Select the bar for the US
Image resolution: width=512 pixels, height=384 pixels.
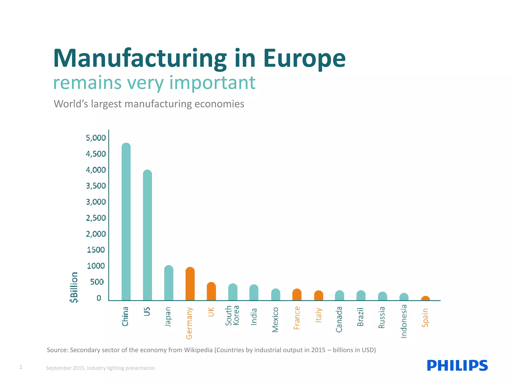tap(147, 235)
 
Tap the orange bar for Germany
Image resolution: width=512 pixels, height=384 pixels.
tap(190, 284)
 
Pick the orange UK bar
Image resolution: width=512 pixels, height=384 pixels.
tap(211, 291)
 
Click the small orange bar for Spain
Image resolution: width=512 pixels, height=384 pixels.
tap(425, 298)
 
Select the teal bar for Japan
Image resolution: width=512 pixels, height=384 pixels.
tap(169, 283)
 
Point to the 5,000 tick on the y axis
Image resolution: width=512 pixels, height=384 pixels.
tap(96, 138)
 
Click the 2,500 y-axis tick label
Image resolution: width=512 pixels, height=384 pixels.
tap(96, 218)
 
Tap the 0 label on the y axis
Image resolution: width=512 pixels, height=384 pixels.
tap(99, 298)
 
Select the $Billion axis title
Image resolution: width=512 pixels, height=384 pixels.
tap(74, 287)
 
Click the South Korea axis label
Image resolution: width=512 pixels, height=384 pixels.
tap(232, 315)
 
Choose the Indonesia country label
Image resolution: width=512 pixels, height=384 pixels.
tap(404, 321)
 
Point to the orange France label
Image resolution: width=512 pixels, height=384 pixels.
tap(297, 318)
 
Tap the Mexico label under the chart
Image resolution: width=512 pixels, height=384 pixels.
tap(275, 320)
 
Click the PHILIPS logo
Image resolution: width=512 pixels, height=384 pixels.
tap(457, 365)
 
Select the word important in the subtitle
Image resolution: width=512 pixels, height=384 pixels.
tap(212, 82)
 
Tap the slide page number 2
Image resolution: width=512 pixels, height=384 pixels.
tap(21, 367)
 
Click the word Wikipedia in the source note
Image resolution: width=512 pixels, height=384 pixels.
tap(198, 350)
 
